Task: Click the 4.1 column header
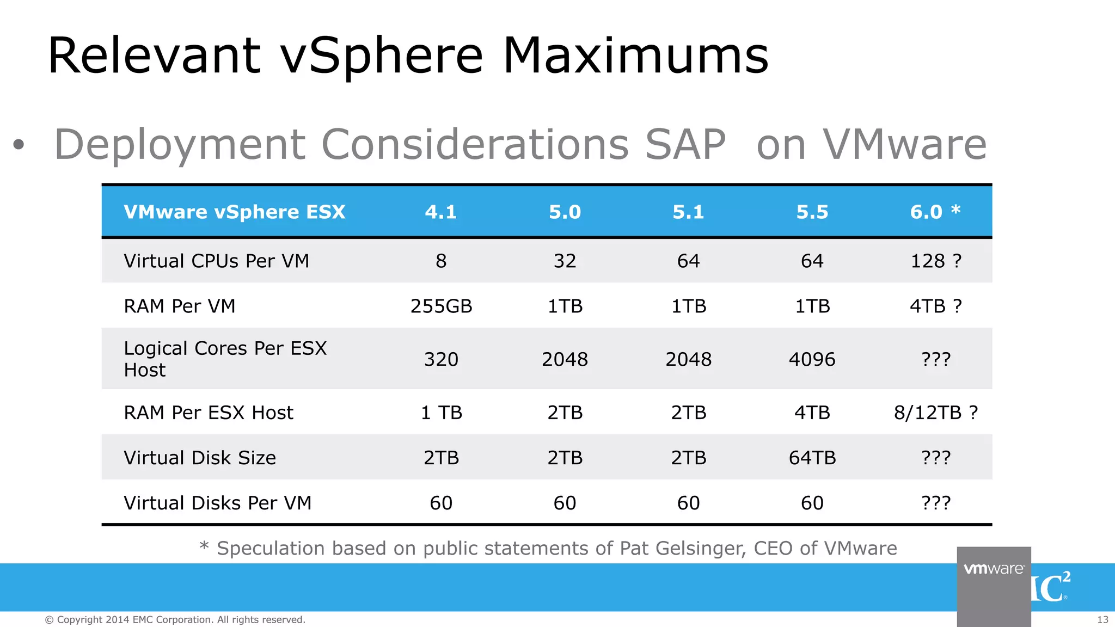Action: pyautogui.click(x=441, y=212)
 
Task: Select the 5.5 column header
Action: pyautogui.click(x=812, y=212)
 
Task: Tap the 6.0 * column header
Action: pyautogui.click(x=935, y=212)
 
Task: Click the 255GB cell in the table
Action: pyautogui.click(x=441, y=306)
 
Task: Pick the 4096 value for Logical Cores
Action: pyautogui.click(x=812, y=359)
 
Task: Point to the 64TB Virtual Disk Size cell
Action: pyautogui.click(x=812, y=458)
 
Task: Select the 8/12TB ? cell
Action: pyautogui.click(x=935, y=413)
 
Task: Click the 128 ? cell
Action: pyautogui.click(x=935, y=261)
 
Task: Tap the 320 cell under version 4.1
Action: pyautogui.click(x=441, y=359)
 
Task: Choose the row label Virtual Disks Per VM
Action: pyautogui.click(x=217, y=503)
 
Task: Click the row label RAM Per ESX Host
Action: pyautogui.click(x=209, y=413)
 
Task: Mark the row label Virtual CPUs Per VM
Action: pyautogui.click(x=216, y=261)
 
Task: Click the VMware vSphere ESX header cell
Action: pyautogui.click(x=235, y=212)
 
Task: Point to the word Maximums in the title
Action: pyautogui.click(x=635, y=56)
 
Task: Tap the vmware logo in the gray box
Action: pyautogui.click(x=994, y=569)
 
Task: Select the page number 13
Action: pyautogui.click(x=1102, y=620)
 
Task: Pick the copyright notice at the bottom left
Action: pyautogui.click(x=175, y=620)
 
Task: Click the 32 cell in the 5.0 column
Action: pyautogui.click(x=565, y=261)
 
